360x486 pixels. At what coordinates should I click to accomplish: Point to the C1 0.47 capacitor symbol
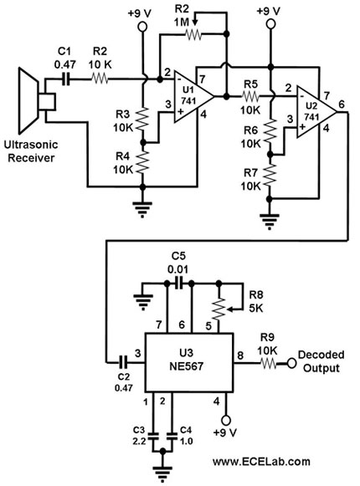click(66, 79)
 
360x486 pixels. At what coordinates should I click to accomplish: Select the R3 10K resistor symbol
click(143, 119)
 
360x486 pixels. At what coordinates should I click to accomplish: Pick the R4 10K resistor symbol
click(143, 162)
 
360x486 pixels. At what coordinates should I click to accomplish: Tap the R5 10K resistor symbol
click(251, 97)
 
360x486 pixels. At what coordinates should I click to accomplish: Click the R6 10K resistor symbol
click(270, 130)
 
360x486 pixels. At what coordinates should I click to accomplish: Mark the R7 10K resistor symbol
click(270, 174)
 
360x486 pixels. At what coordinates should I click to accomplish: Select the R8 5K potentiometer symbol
click(219, 309)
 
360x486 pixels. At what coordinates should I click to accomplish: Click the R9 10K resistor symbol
click(268, 363)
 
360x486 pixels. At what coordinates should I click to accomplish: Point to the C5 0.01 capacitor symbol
click(179, 283)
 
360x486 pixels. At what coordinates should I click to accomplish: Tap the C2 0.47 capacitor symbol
click(123, 361)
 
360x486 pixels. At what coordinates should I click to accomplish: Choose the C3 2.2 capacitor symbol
click(152, 436)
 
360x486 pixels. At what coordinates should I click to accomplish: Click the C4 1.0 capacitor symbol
click(172, 436)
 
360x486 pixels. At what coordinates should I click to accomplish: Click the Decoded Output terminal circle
click(291, 363)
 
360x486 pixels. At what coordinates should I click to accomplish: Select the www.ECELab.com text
click(261, 461)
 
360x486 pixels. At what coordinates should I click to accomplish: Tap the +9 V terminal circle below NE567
click(226, 420)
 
